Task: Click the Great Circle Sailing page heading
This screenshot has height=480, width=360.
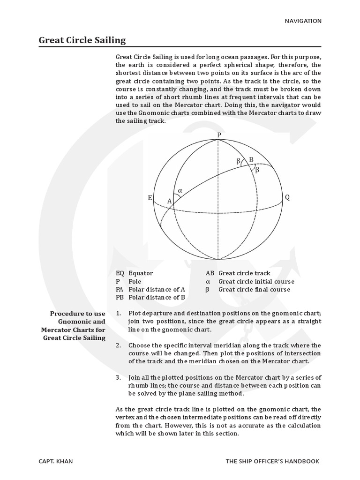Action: (x=82, y=40)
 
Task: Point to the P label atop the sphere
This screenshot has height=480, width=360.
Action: (x=218, y=135)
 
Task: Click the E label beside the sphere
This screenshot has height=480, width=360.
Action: (x=150, y=198)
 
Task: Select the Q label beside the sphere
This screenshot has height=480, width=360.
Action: (x=287, y=197)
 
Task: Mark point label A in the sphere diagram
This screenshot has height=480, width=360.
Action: (x=170, y=201)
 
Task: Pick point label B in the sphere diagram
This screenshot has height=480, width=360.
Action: (x=251, y=160)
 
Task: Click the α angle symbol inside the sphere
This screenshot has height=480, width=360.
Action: (x=180, y=191)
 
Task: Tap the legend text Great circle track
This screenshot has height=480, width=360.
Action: (x=244, y=273)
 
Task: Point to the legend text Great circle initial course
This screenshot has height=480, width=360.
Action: (x=256, y=281)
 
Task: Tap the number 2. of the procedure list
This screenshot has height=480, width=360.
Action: (x=119, y=345)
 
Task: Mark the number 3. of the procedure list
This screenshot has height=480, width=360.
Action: (x=119, y=377)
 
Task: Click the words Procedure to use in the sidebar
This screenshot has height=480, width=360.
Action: (x=78, y=313)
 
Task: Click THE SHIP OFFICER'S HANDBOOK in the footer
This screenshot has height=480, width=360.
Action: (x=272, y=461)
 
